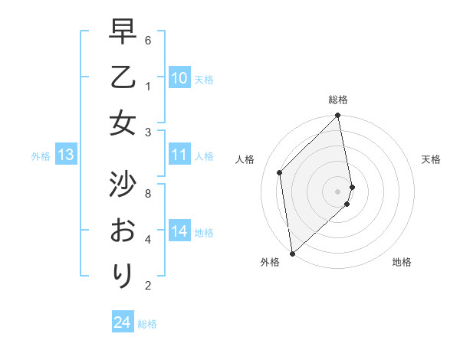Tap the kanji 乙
123,78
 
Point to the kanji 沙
123,184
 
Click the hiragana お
123,229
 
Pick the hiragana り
123,274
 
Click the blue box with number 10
179,78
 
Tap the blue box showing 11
179,155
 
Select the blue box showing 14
179,232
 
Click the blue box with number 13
66,155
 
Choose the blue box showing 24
123,322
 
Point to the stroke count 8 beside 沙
148,194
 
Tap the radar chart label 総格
338,100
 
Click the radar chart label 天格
432,159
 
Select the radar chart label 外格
269,263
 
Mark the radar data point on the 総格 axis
338,116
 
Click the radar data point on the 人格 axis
280,172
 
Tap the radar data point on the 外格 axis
292,253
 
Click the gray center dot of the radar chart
338,191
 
